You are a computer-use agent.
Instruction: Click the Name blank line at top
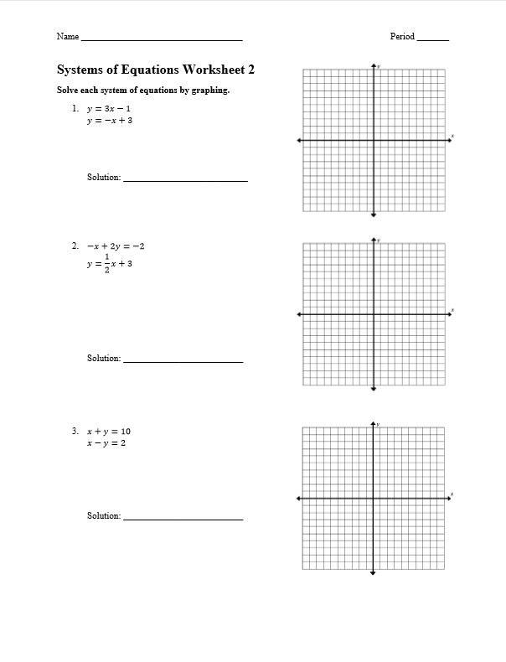162,39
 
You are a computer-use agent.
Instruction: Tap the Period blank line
432,39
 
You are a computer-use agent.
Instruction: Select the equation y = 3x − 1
109,108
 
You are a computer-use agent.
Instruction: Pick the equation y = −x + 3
109,121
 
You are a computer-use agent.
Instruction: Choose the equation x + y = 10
108,432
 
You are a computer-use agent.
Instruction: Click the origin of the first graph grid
374,141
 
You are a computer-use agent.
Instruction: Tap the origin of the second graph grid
374,314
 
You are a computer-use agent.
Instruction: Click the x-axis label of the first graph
452,135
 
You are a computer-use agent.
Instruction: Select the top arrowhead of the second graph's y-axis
374,239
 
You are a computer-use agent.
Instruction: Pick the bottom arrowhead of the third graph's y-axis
373,573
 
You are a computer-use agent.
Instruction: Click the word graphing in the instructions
209,91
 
